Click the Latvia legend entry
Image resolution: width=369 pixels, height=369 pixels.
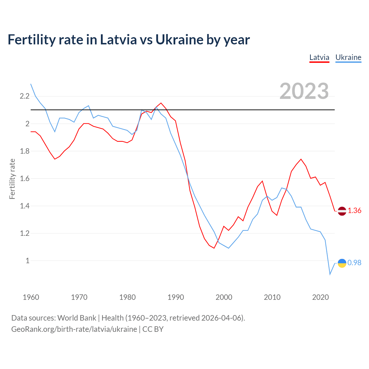pyautogui.click(x=319, y=57)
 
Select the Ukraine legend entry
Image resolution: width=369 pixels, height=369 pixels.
pyautogui.click(x=348, y=57)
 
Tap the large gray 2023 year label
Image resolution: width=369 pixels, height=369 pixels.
pyautogui.click(x=304, y=91)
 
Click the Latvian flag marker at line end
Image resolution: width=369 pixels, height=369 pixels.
pyautogui.click(x=342, y=211)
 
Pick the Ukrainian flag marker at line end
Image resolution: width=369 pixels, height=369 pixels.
pyautogui.click(x=342, y=263)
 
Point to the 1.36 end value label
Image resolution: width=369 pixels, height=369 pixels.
pyautogui.click(x=354, y=211)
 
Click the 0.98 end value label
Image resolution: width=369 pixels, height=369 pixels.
pyautogui.click(x=354, y=263)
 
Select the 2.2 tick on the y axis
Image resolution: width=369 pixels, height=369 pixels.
pyautogui.click(x=25, y=96)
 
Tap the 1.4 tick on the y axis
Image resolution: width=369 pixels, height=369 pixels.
pyautogui.click(x=25, y=206)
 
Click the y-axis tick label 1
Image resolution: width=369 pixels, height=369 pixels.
pyautogui.click(x=28, y=261)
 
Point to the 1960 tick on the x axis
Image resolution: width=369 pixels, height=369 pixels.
pyautogui.click(x=31, y=297)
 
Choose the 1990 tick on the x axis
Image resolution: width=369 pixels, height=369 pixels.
pyautogui.click(x=176, y=297)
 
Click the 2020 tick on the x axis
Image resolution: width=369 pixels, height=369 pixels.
pyautogui.click(x=320, y=297)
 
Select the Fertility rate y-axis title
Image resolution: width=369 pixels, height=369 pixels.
pyautogui.click(x=12, y=179)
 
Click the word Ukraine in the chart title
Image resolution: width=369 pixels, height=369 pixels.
pyautogui.click(x=179, y=40)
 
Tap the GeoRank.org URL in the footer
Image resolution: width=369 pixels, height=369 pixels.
pyautogui.click(x=74, y=329)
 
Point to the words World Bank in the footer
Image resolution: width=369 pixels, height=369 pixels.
pyautogui.click(x=77, y=318)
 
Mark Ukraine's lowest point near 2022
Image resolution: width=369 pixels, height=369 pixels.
pyautogui.click(x=330, y=274)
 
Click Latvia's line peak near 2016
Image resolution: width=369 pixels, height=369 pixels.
pyautogui.click(x=301, y=159)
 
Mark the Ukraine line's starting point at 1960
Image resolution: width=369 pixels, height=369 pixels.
pyautogui.click(x=31, y=84)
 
